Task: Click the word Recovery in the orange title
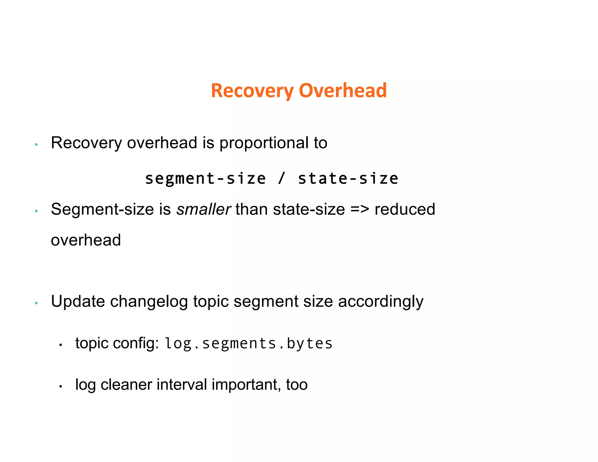point(252,91)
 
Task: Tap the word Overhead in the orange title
point(343,91)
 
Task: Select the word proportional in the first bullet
point(264,143)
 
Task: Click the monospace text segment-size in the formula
point(205,178)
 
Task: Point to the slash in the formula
point(281,178)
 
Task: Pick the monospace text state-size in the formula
point(348,178)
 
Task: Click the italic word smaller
point(204,209)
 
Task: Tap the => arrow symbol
point(360,209)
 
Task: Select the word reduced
point(405,209)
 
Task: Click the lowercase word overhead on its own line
point(86,240)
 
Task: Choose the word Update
point(78,301)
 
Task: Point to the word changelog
point(149,301)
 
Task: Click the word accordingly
point(380,302)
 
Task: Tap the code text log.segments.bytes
point(248,343)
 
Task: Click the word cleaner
point(126,385)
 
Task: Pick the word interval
point(182,385)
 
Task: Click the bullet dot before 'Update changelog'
point(36,303)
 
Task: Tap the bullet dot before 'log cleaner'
point(61,387)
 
